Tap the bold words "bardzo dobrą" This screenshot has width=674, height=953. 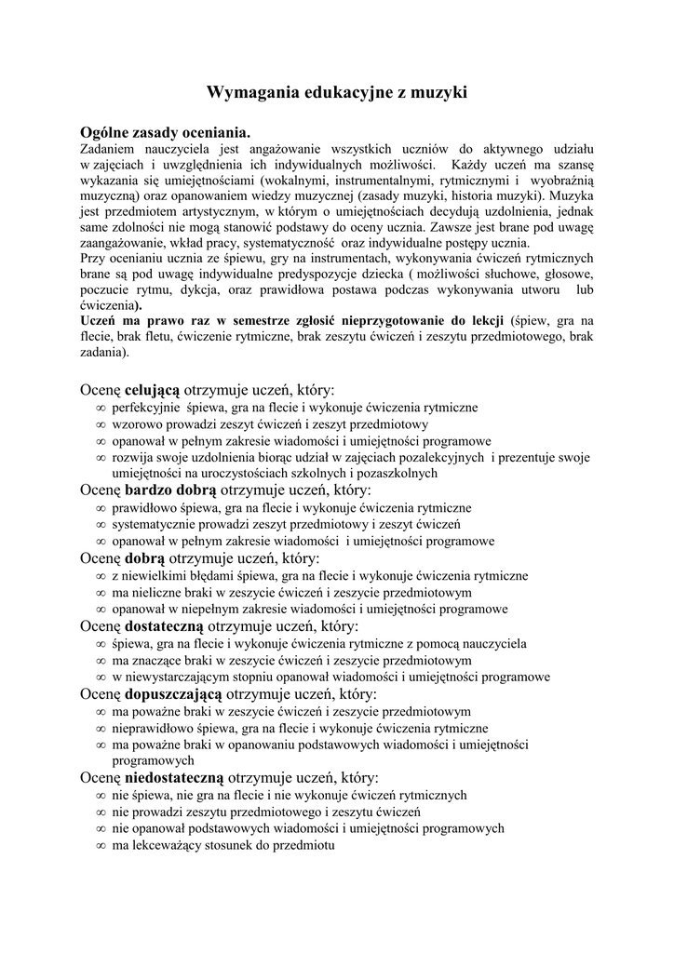coord(170,490)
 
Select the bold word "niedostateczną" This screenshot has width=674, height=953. coord(174,777)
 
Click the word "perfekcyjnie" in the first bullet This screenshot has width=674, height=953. coord(144,408)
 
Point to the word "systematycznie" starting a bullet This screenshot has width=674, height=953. coord(154,525)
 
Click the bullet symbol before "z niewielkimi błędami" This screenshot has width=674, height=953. coord(100,576)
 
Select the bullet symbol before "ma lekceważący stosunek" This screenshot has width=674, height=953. coord(100,846)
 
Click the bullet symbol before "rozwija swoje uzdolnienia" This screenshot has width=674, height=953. coord(100,458)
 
